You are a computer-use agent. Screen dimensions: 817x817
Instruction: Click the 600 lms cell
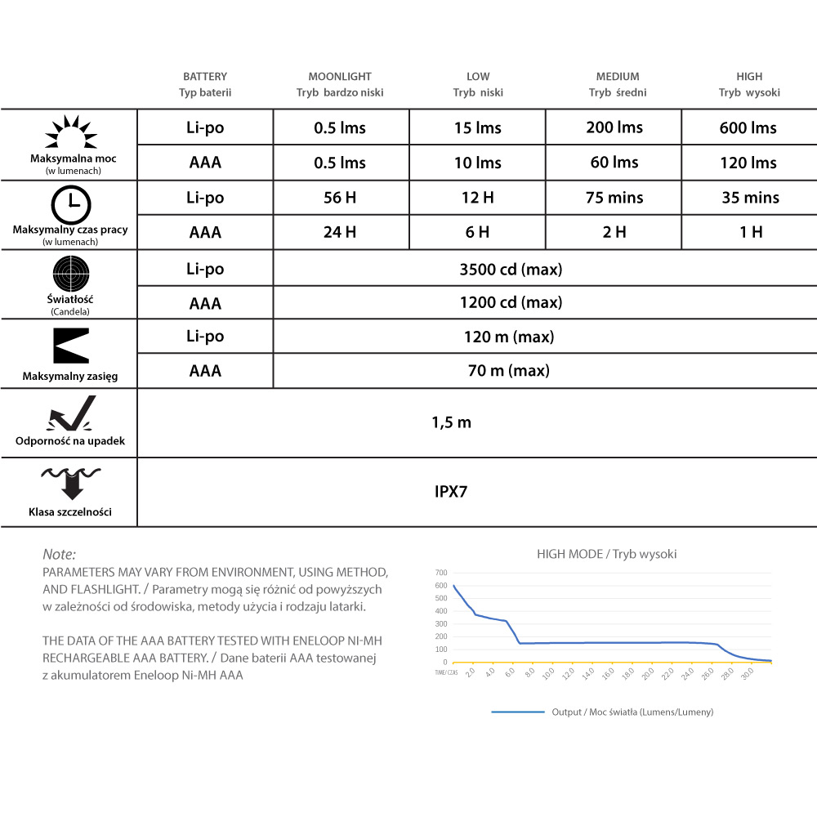[748, 127]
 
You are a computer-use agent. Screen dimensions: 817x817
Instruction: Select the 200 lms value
[614, 127]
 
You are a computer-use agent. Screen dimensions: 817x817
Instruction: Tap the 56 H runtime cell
[340, 198]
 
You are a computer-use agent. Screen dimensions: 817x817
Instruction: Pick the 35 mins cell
[750, 198]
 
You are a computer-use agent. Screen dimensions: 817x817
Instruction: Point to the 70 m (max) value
[508, 371]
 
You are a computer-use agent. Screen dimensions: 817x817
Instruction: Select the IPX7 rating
[451, 492]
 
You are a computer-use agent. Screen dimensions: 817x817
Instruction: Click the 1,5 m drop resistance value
[451, 422]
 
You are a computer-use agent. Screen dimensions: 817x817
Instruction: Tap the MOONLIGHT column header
[340, 77]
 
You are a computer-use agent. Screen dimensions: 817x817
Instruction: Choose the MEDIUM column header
[618, 77]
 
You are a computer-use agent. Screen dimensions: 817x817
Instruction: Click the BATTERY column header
[205, 77]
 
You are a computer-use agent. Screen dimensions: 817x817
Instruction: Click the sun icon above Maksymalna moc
[70, 133]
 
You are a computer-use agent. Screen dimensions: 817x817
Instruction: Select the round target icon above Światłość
[70, 273]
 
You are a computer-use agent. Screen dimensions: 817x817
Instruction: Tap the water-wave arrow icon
[70, 483]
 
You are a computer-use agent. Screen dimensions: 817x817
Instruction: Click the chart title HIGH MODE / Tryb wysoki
[606, 554]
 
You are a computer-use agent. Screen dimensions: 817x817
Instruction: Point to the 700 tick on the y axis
[441, 573]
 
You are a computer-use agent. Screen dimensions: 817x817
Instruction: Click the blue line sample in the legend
[518, 712]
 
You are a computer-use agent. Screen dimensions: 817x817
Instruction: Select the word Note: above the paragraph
[59, 554]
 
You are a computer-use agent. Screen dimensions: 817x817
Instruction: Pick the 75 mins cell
[614, 198]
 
